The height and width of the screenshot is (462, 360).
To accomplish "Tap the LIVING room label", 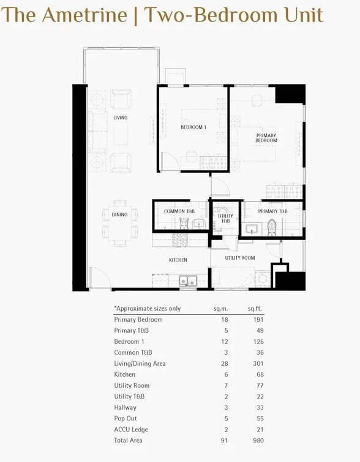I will point(120,118).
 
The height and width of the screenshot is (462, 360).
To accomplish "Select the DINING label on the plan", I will point(120,214).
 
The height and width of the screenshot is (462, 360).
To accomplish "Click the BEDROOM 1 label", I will point(193,127).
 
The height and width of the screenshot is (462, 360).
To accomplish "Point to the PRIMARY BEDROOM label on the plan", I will point(266,138).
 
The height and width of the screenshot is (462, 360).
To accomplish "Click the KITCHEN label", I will point(178,260).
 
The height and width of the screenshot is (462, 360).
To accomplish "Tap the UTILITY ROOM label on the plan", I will point(239,258).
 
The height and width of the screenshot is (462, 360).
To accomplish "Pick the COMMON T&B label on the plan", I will point(179,212).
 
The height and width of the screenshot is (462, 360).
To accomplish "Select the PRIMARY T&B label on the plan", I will point(272,212).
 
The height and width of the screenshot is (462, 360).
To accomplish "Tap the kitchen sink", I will point(187,281).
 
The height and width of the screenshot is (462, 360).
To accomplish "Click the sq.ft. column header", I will point(255,309).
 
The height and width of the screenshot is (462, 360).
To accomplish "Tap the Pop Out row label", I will point(126,418).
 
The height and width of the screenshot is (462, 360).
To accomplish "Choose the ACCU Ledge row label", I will point(131,430).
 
